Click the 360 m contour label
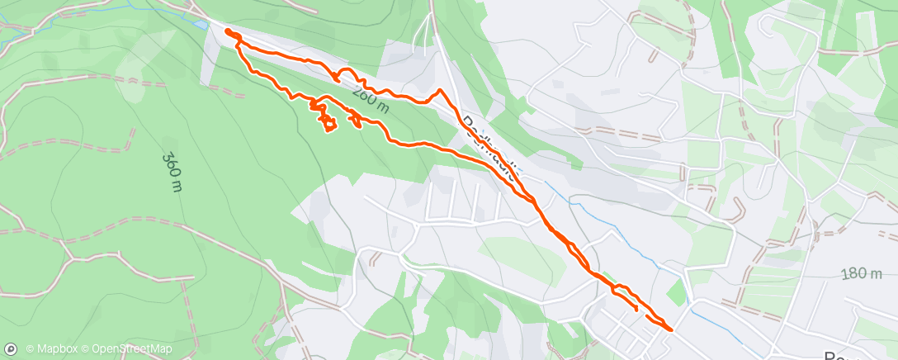pos(172,172)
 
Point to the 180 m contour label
pos(863,274)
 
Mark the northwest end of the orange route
pos(227,31)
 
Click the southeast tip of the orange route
pos(670,329)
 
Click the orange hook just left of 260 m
pos(338,77)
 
